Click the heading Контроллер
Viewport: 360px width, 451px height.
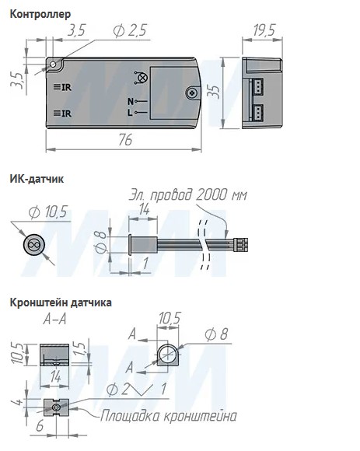[x=40, y=14]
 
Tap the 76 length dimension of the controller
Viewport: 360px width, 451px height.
[x=125, y=140]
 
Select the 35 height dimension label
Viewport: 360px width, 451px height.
[x=215, y=92]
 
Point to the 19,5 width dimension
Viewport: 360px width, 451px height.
[x=264, y=30]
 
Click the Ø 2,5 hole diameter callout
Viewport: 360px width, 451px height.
[x=130, y=30]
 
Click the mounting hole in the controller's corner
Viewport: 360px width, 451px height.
[x=53, y=65]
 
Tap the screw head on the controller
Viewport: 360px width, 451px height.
[x=192, y=93]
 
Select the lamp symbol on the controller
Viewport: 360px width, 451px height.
[x=141, y=78]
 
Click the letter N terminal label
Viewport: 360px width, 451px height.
[x=131, y=101]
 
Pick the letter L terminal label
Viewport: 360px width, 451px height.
[x=131, y=113]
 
